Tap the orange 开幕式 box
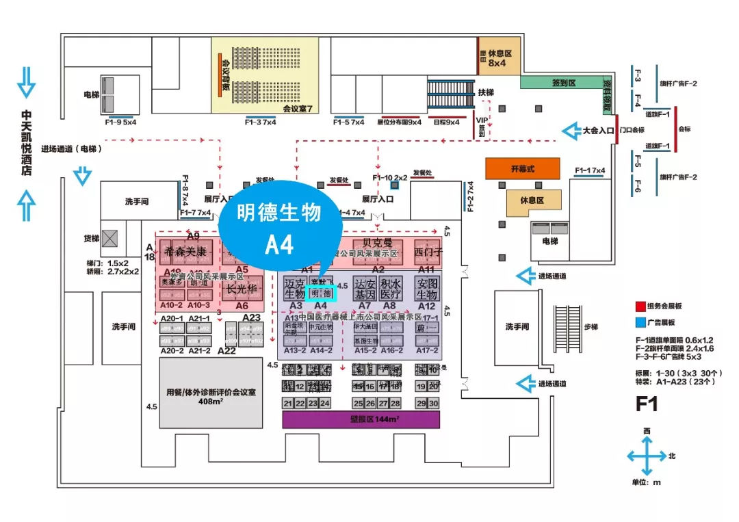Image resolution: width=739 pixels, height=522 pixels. [522, 168]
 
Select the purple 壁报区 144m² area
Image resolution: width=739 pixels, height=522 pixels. [361, 419]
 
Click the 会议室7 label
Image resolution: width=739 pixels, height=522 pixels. [297, 108]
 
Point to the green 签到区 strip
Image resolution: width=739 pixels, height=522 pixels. [564, 82]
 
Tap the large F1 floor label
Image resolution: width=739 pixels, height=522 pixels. [647, 404]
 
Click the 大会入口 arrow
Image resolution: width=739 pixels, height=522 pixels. [572, 130]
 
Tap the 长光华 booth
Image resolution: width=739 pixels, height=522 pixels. [242, 289]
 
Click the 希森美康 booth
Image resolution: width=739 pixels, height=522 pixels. [183, 252]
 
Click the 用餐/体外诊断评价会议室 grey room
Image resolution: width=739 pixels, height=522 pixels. [211, 393]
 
